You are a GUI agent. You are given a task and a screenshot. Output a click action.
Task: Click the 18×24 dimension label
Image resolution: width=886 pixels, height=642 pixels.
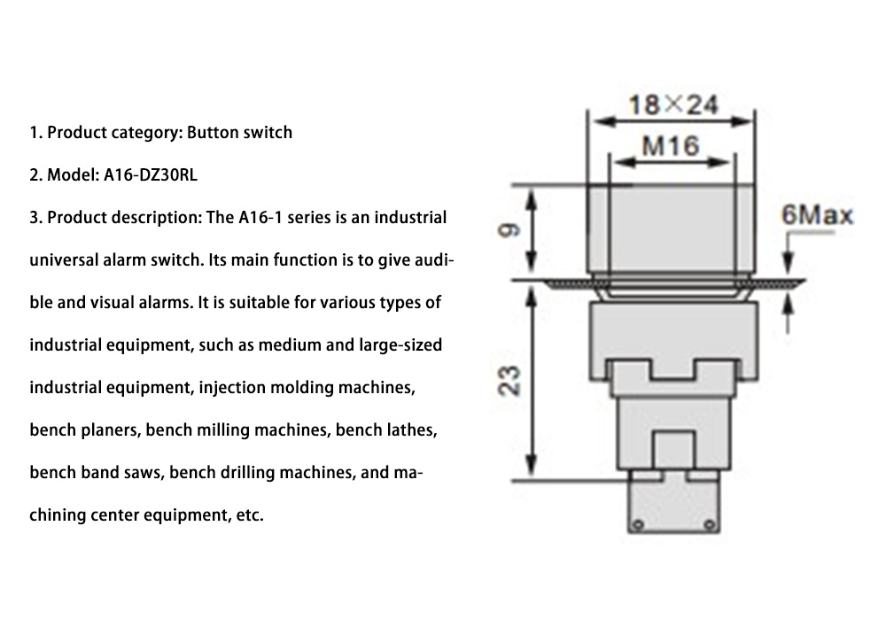tap(672, 105)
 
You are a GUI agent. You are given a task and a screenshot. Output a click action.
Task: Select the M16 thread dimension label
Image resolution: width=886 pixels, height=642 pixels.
tap(671, 145)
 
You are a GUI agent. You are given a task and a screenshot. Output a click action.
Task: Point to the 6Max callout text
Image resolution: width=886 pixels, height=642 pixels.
tap(817, 215)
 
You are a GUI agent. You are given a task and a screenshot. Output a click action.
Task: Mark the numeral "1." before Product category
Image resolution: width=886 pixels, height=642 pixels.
tap(35, 133)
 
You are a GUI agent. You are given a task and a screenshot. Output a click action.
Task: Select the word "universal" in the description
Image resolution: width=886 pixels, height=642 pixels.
tap(65, 259)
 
